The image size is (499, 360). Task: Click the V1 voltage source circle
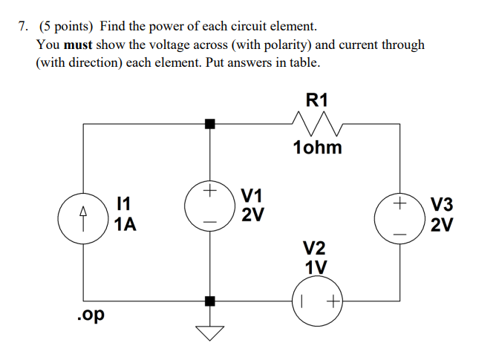[210, 206]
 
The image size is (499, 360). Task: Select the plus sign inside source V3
[400, 201]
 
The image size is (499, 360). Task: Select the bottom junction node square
[210, 301]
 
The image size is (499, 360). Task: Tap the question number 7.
[24, 27]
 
